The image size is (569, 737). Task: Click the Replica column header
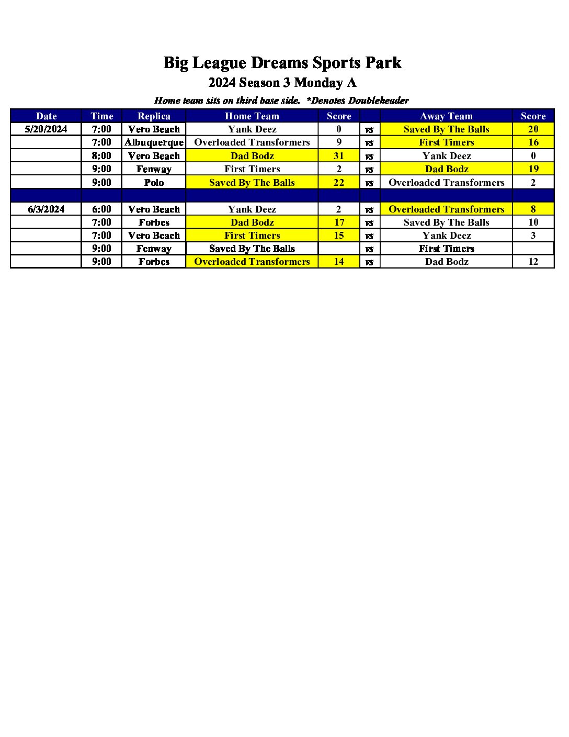coord(154,116)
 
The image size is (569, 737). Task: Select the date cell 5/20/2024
coord(46,129)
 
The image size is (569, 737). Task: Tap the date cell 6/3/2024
coord(46,209)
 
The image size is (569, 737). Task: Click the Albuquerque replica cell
coord(154,142)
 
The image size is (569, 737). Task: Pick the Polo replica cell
coord(154,183)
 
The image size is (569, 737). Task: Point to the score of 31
coord(339,156)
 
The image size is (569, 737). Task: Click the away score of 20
coord(533,129)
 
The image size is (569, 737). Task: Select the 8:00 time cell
coord(101,156)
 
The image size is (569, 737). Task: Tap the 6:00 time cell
coord(101,209)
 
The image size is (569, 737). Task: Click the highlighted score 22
coord(339,183)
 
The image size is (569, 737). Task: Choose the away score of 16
coord(533,142)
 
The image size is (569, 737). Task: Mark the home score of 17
coord(339,222)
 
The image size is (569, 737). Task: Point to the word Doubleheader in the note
coord(378,100)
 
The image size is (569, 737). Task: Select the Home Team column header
coord(252,116)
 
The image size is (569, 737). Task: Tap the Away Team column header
coord(446,116)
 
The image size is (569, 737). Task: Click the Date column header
coord(46,116)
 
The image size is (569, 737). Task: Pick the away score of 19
coord(533,169)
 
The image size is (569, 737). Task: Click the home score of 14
coord(339,262)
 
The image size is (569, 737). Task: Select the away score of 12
coord(533,262)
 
